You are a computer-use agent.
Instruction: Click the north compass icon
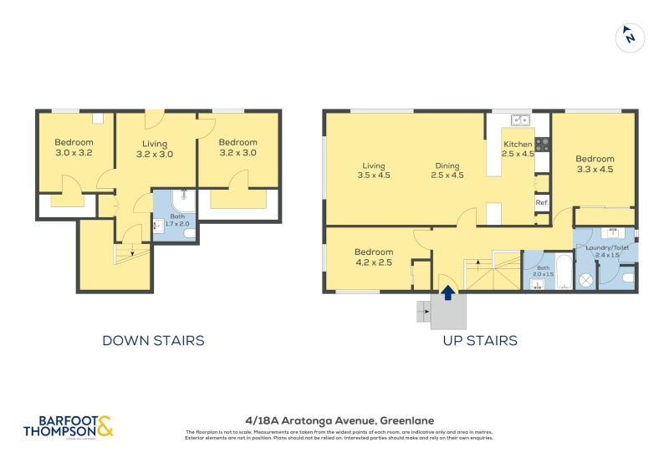[630, 37]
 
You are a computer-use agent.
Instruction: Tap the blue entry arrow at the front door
[448, 292]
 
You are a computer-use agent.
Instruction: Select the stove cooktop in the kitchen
[542, 143]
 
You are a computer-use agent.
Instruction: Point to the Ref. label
[542, 202]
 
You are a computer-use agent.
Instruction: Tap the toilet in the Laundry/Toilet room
[628, 274]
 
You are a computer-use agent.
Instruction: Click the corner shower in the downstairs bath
[183, 201]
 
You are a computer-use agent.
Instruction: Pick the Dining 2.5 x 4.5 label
[447, 170]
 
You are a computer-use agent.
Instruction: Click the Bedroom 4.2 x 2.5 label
[373, 257]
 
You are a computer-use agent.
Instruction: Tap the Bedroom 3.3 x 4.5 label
[595, 164]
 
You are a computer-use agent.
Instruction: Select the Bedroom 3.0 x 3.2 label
[73, 147]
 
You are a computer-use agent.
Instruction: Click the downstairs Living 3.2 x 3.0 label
[155, 149]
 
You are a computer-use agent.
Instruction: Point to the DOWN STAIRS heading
[153, 340]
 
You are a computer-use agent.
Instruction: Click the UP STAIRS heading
[479, 340]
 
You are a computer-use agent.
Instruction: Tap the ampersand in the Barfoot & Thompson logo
[105, 427]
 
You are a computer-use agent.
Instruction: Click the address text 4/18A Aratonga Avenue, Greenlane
[340, 420]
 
